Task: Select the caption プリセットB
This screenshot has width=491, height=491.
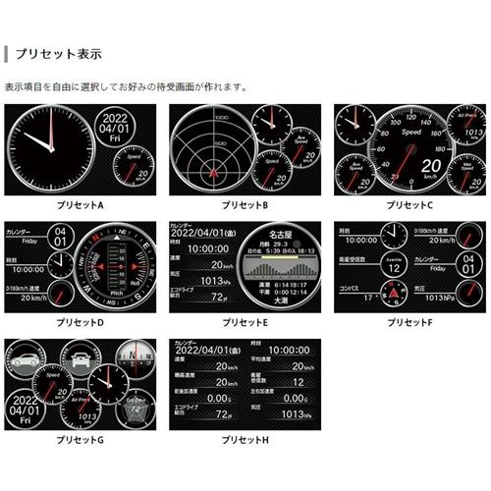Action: [245, 205]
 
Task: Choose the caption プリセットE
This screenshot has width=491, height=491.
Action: [245, 322]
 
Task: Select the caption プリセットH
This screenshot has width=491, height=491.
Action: [245, 438]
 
